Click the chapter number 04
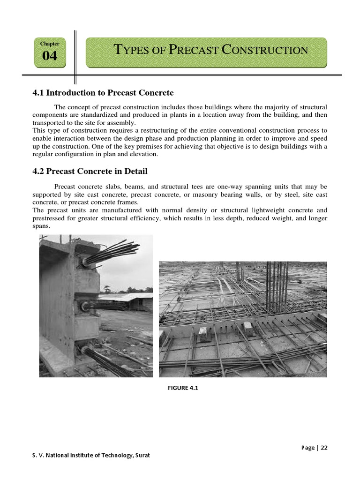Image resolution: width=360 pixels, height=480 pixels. tap(50, 56)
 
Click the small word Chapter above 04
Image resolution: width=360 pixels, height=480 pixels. tap(50, 44)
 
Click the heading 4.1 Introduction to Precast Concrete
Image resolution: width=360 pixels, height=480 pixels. tap(103, 93)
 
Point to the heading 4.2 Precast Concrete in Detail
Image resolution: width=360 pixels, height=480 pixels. tap(90, 172)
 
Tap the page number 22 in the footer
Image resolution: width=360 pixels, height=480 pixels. tap(324, 447)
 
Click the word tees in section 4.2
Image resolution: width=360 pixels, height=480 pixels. tap(179, 186)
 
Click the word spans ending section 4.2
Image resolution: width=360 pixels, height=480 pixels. tap(41, 226)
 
